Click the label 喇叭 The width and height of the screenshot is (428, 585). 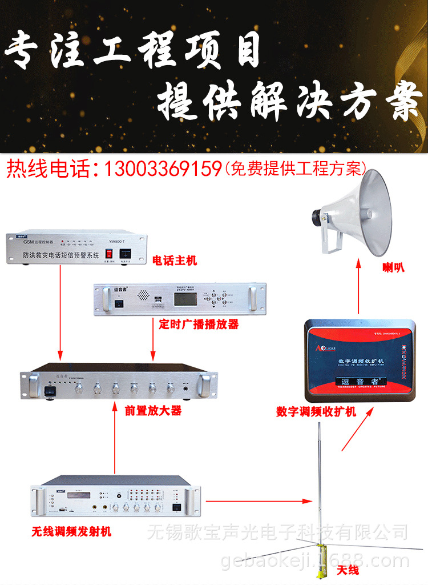tap(394, 267)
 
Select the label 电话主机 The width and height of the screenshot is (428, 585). tap(174, 261)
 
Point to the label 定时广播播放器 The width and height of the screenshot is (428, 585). tap(199, 324)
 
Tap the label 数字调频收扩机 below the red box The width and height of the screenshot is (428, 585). tap(316, 411)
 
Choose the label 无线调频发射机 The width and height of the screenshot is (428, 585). tap(71, 532)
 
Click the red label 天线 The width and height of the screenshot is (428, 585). tap(347, 570)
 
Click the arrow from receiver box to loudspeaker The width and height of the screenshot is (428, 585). tap(358, 286)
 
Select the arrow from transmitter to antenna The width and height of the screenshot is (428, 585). tap(260, 502)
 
